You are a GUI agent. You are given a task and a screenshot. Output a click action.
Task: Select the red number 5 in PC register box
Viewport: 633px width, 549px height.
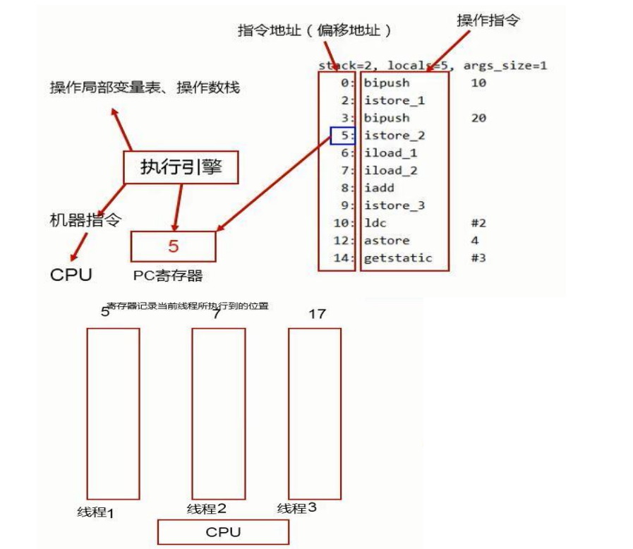[x=174, y=246]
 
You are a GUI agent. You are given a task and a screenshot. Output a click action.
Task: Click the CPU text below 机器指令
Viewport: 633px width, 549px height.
[x=71, y=274]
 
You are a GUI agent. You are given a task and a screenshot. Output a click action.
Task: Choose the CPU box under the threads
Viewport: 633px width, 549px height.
[x=223, y=532]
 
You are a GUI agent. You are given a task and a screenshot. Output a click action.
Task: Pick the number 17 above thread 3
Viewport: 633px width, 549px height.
[x=317, y=313]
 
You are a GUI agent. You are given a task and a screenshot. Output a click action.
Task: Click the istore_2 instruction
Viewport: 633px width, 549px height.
[x=394, y=135]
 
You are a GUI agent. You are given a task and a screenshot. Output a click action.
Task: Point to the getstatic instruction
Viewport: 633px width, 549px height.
[x=398, y=258]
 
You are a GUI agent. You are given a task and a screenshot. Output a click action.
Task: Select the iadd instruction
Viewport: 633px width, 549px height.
[x=380, y=188]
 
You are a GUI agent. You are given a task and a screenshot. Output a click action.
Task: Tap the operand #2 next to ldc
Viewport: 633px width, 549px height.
[x=478, y=223]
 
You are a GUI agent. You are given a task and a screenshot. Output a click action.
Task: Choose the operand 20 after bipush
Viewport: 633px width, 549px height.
[x=478, y=118]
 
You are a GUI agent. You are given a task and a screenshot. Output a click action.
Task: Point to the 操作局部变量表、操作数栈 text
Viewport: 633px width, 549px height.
[x=145, y=88]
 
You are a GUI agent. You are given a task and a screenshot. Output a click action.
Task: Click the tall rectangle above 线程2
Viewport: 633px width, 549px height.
[x=218, y=413]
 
